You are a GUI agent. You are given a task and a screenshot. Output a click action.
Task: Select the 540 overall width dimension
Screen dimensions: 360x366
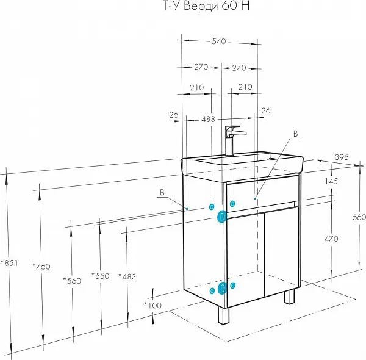(219, 41)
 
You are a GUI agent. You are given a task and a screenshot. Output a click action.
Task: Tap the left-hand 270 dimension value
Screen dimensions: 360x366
(201, 67)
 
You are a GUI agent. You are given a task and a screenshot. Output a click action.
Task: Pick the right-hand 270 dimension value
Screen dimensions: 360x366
(239, 67)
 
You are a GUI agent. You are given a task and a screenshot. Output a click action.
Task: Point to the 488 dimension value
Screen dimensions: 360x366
(208, 120)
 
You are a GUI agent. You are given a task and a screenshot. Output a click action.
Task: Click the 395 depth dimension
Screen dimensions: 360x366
(342, 157)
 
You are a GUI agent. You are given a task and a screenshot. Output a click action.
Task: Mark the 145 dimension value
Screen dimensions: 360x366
(331, 181)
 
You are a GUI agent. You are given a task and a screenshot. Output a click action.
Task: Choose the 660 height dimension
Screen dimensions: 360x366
(359, 218)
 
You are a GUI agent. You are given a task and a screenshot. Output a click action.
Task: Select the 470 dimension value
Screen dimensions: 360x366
(331, 239)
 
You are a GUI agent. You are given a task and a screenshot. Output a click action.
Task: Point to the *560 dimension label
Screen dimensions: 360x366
(72, 281)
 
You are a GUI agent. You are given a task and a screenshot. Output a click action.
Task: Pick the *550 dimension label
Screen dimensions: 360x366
(100, 276)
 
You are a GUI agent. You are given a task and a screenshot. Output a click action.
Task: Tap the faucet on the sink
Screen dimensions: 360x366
(232, 140)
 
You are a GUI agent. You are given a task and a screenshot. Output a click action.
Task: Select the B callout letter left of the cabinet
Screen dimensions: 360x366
(162, 193)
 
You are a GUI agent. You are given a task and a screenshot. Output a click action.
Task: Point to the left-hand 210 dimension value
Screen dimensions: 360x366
(196, 87)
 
